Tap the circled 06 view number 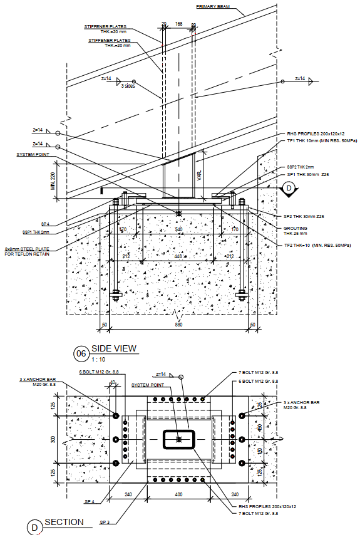80,353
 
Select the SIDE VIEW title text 114,349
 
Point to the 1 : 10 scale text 98,360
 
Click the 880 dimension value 178,325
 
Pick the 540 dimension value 178,230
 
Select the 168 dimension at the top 179,24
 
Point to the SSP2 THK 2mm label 301,167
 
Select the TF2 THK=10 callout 313,244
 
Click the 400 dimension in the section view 178,495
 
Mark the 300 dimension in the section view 53,440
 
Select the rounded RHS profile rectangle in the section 179,440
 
